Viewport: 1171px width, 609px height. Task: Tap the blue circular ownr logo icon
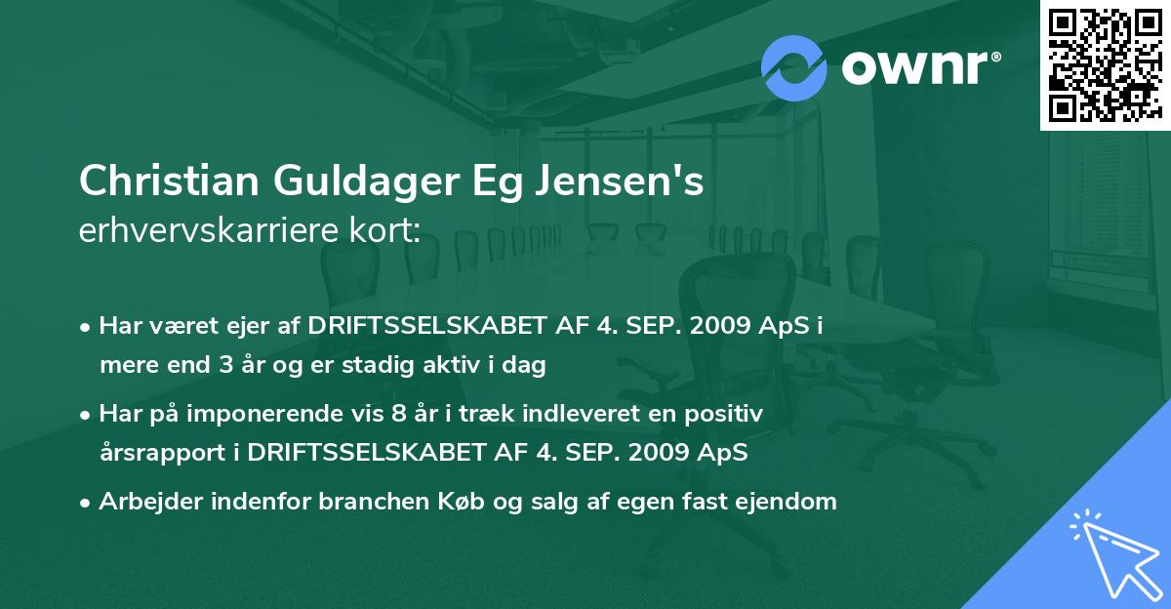[x=794, y=67]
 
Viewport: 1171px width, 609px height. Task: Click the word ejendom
[x=787, y=502]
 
